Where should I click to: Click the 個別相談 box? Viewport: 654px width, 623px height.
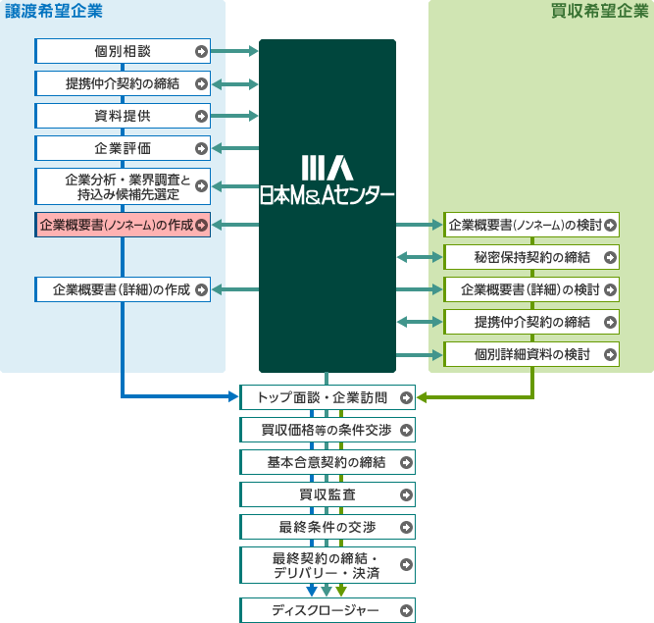point(123,52)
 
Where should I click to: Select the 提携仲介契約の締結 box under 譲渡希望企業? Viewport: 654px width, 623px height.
point(123,83)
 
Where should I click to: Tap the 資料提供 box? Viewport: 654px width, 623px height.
point(123,116)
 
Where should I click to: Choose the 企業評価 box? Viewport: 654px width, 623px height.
point(123,148)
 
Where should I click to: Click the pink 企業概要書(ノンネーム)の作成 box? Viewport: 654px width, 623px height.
point(123,225)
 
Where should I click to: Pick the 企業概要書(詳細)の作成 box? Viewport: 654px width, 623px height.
point(123,289)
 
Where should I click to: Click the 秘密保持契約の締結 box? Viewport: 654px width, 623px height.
point(531,258)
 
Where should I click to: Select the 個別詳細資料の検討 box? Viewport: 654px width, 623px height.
point(531,354)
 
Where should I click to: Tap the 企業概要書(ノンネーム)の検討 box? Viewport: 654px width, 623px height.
point(531,226)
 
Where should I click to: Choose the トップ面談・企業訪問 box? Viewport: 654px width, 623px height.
point(327,397)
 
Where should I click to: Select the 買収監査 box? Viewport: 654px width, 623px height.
point(327,493)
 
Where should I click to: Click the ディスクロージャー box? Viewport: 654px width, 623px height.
point(327,610)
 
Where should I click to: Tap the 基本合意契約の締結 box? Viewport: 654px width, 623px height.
point(327,461)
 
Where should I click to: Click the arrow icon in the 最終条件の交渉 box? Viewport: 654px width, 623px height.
point(406,526)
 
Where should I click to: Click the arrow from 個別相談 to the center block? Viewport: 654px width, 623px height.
point(234,52)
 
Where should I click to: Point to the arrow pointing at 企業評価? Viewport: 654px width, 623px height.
point(234,148)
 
